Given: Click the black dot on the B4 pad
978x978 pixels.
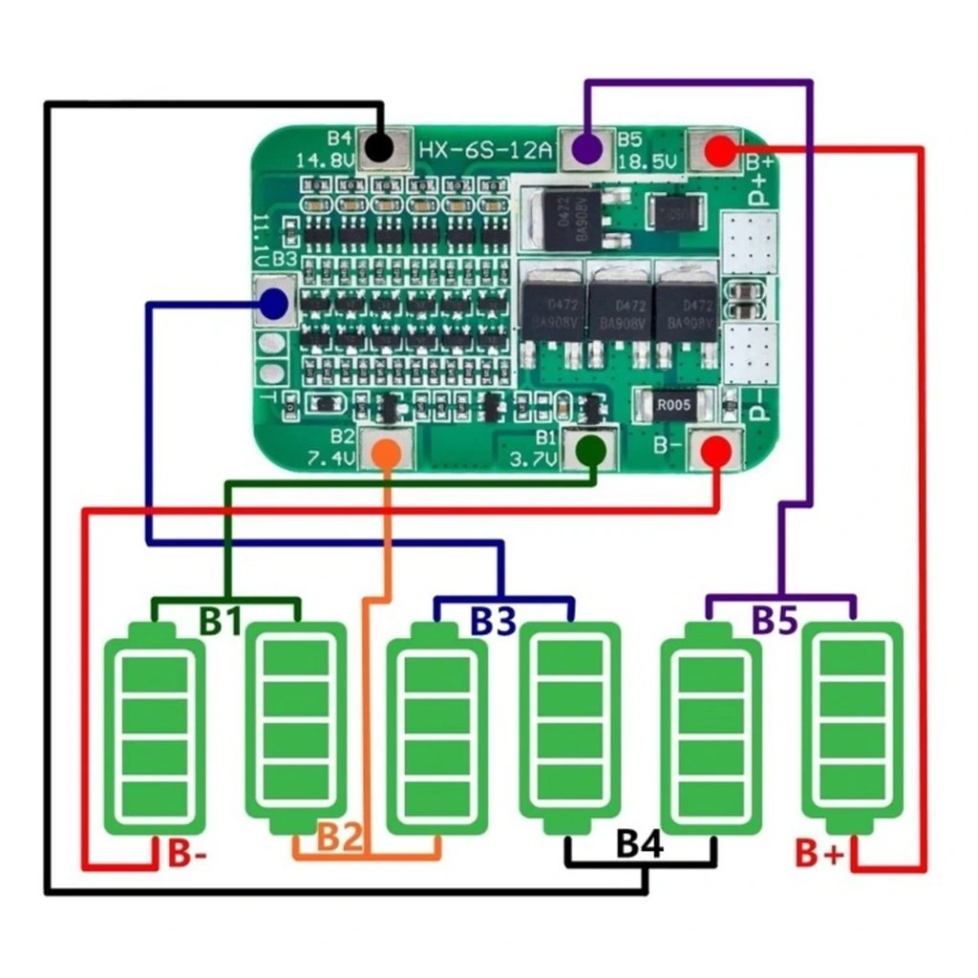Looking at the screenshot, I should (x=379, y=148).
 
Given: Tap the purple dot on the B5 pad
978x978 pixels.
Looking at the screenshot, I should (x=586, y=150).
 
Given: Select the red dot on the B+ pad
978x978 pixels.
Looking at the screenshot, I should (x=721, y=149).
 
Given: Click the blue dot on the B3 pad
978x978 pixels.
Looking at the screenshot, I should (x=273, y=305).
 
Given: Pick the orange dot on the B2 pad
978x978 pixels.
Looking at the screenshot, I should (x=387, y=452).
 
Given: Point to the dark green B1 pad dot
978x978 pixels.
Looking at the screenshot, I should (x=592, y=450).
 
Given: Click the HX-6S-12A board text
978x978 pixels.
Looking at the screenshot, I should (x=484, y=149).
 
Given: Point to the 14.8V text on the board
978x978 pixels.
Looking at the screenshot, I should (x=325, y=159).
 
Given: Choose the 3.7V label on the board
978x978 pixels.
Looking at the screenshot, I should (x=534, y=458).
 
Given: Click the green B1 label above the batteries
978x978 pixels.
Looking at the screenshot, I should (x=221, y=621).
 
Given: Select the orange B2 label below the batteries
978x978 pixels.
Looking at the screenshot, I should (x=340, y=838).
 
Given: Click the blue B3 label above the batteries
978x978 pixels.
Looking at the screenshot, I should (x=493, y=621).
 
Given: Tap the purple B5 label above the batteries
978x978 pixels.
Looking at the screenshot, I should (x=774, y=621).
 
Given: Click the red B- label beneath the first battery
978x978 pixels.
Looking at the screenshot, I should (x=186, y=853).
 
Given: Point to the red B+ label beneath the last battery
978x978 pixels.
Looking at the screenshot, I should (x=819, y=853).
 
